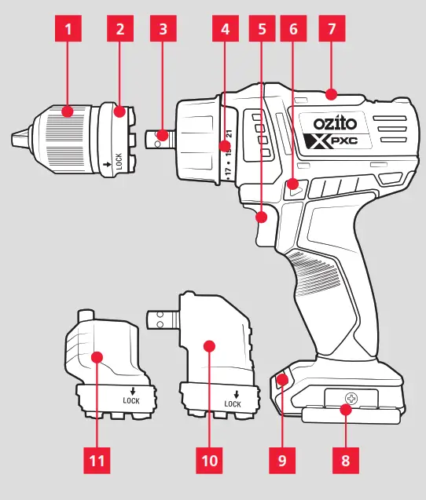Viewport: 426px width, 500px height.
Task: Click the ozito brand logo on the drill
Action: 336,124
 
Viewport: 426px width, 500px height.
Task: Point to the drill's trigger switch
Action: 262,226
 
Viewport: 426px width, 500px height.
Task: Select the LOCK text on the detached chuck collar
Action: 118,162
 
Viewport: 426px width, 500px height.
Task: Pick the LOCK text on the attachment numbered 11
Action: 130,400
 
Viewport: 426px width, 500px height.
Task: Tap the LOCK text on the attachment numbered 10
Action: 233,403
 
